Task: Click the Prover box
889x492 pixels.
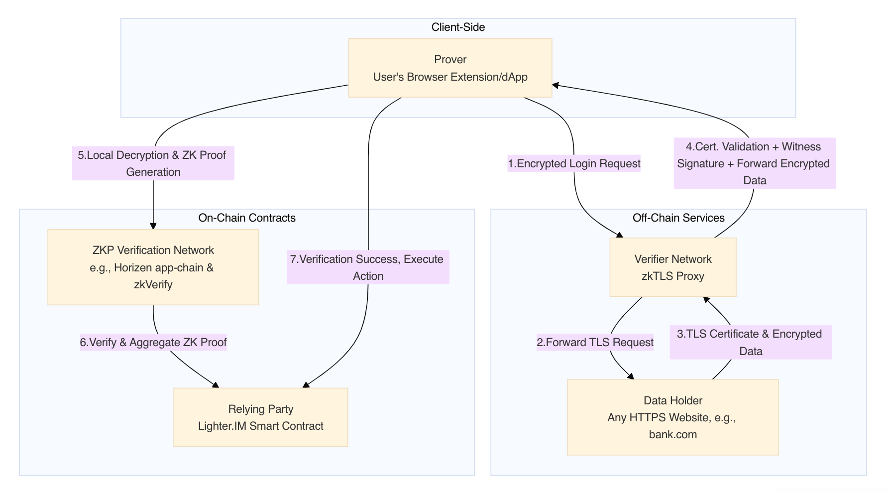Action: [x=450, y=68]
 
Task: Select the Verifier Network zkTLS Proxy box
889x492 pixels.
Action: [x=672, y=267]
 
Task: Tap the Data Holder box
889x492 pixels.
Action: [x=672, y=417]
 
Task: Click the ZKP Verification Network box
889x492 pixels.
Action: [x=153, y=267]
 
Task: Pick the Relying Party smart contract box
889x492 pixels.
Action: [x=260, y=417]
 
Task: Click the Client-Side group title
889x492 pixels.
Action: [x=458, y=27]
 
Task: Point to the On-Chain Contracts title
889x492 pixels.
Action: [x=246, y=218]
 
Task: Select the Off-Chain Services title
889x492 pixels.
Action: [x=678, y=218]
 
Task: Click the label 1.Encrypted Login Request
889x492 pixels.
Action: [x=573, y=164]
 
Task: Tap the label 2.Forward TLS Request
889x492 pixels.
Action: [x=595, y=343]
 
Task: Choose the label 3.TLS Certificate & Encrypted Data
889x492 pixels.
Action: [x=750, y=343]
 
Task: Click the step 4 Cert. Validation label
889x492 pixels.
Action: [x=754, y=163]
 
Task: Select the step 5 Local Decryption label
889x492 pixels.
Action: [x=153, y=163]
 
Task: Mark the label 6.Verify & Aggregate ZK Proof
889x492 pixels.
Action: [x=153, y=343]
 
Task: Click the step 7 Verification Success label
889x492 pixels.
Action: [x=367, y=267]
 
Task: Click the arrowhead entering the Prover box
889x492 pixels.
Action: [x=556, y=86]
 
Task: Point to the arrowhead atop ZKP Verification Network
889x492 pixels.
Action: [x=153, y=226]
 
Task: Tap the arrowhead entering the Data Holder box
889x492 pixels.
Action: [x=631, y=376]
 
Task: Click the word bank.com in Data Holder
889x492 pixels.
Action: [x=672, y=435]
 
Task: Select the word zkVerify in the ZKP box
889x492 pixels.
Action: [x=153, y=285]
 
